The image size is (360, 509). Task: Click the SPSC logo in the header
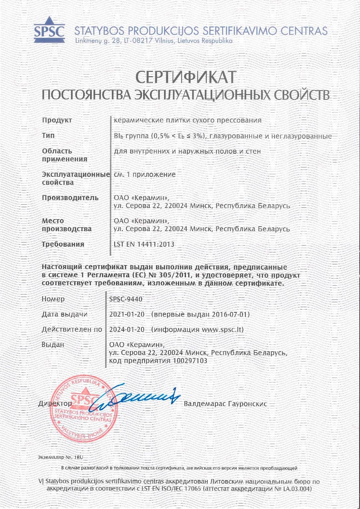[x=49, y=28]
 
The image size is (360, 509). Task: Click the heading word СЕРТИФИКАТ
[x=186, y=77]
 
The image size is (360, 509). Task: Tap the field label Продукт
[x=57, y=120]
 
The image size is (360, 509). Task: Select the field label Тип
[x=48, y=136]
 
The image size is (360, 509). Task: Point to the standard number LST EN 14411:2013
[x=144, y=244]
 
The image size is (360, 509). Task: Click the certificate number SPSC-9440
[x=126, y=299]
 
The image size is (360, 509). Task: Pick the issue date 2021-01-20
[x=127, y=314]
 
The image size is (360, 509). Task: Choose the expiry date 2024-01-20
[x=127, y=330]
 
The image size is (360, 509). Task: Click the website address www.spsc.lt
[x=222, y=330]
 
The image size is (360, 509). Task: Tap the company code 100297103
[x=190, y=360]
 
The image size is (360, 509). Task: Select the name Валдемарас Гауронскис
[x=225, y=404]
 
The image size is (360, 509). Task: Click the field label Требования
[x=63, y=244]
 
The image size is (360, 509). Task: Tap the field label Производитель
[x=70, y=198]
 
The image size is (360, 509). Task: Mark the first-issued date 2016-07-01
[x=229, y=314]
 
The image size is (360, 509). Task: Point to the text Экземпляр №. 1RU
[x=60, y=458]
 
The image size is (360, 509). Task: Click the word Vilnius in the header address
[x=165, y=41]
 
